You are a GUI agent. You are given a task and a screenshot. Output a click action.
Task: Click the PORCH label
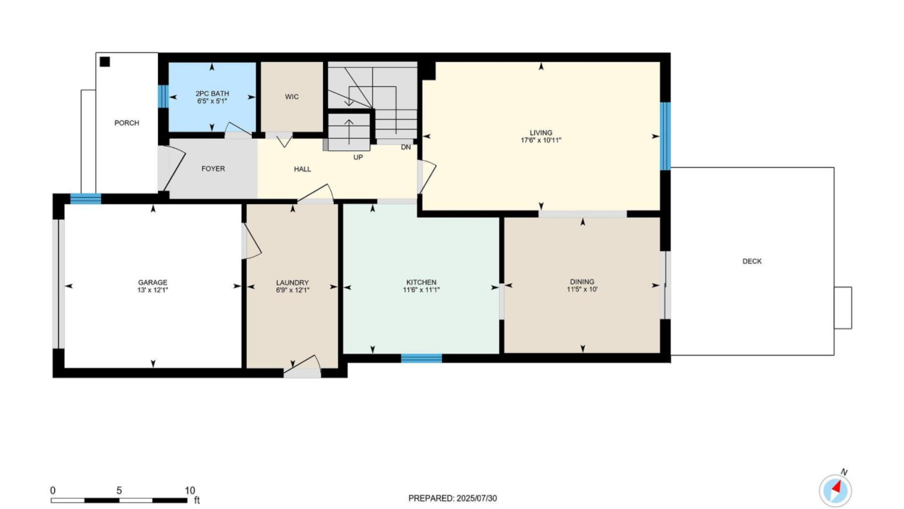pyautogui.click(x=127, y=123)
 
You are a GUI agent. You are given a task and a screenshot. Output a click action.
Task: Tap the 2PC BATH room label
pyautogui.click(x=212, y=93)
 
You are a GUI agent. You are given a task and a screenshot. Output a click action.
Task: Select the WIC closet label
pyautogui.click(x=292, y=97)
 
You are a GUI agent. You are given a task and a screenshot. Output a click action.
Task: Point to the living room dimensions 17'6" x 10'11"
pyautogui.click(x=541, y=141)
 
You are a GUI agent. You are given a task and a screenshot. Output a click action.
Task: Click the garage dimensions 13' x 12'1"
pyautogui.click(x=153, y=290)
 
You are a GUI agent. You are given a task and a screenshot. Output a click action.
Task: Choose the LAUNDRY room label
pyautogui.click(x=293, y=282)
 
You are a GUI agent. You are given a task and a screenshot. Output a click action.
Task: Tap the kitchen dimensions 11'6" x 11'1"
pyautogui.click(x=421, y=289)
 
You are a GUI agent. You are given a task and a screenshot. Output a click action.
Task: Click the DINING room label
pyautogui.click(x=582, y=282)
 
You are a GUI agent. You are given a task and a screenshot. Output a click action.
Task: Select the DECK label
pyautogui.click(x=752, y=261)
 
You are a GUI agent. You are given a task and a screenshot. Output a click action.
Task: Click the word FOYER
pyautogui.click(x=213, y=169)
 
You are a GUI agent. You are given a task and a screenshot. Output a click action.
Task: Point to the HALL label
pyautogui.click(x=302, y=169)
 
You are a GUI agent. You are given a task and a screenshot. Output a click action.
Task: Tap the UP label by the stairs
pyautogui.click(x=358, y=158)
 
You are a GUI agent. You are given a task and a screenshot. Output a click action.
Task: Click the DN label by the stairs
pyautogui.click(x=406, y=147)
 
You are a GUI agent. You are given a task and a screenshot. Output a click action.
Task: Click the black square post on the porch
pyautogui.click(x=105, y=62)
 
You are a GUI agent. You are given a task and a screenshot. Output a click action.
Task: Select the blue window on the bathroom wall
pyautogui.click(x=163, y=97)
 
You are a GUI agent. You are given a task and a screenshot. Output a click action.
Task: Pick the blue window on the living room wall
pyautogui.click(x=665, y=136)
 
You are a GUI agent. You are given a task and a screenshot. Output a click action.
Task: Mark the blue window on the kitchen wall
pyautogui.click(x=421, y=358)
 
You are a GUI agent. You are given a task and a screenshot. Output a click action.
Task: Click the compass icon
pyautogui.click(x=836, y=491)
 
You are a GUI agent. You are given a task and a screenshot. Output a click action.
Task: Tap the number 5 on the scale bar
pyautogui.click(x=119, y=490)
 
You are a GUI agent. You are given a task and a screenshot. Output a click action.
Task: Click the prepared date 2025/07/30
pyautogui.click(x=477, y=498)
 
